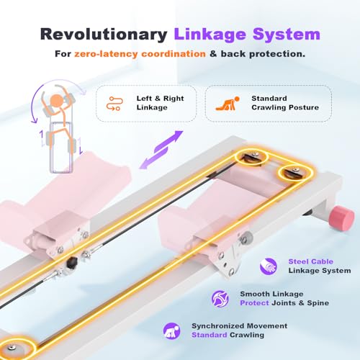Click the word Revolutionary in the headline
coord(104,35)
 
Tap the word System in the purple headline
coord(287,35)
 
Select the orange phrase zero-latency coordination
coord(140,54)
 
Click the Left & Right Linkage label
coord(160,103)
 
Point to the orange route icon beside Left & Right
coord(114,104)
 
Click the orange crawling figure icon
coord(228,104)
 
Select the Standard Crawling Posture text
coord(285,103)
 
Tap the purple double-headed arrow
coord(161,150)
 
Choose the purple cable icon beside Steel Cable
coord(269,266)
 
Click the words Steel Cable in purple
coord(310,261)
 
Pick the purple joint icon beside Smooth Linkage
coord(220,299)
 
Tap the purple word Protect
coord(254,303)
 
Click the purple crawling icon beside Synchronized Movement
coord(171,330)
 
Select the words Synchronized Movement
coord(239,326)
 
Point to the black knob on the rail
coord(71,262)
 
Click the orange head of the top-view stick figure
coord(57,100)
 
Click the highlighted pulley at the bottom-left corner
coord(14,347)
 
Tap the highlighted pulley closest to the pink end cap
coord(296,172)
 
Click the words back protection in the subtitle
coord(263,54)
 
